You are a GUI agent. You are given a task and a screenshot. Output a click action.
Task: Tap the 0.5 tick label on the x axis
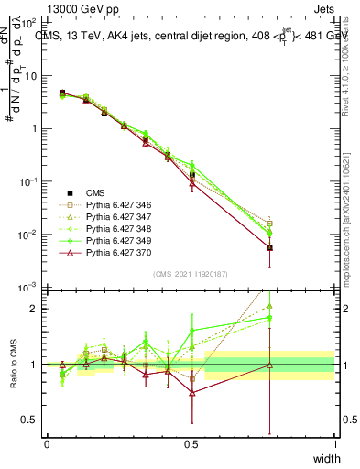(191, 443)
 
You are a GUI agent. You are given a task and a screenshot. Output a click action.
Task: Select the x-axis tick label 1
(334, 443)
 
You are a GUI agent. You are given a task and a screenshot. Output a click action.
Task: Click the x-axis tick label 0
(47, 443)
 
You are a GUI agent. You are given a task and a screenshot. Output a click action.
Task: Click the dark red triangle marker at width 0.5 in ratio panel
(191, 393)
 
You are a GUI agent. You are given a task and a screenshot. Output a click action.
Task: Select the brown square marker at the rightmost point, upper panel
(269, 223)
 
